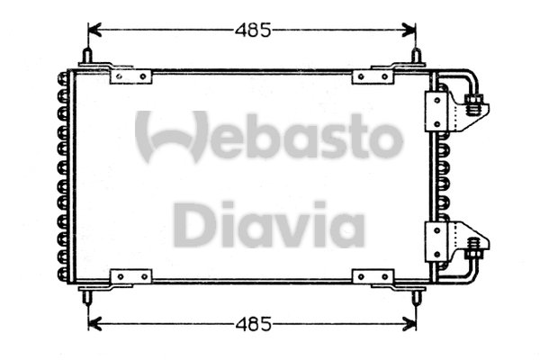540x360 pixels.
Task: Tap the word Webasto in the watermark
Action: click(x=269, y=138)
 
